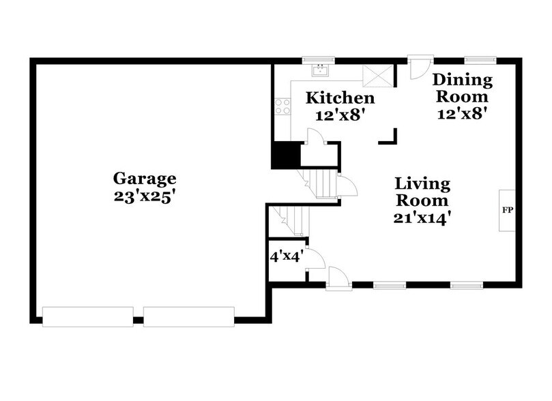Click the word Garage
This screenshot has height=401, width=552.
click(x=145, y=179)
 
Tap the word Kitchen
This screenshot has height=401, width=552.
click(x=340, y=98)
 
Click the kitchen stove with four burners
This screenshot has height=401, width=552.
click(x=282, y=107)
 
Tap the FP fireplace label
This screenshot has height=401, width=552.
click(x=507, y=210)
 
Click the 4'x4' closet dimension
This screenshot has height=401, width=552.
click(x=286, y=257)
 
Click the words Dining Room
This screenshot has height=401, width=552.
click(x=463, y=88)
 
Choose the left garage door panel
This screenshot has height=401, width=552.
click(x=87, y=315)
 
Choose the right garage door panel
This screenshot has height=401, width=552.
click(x=188, y=315)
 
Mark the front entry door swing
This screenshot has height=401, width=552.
click(x=338, y=277)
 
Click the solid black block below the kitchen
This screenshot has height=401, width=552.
click(x=285, y=155)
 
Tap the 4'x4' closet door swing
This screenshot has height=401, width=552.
click(x=315, y=259)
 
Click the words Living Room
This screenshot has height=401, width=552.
click(x=422, y=192)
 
